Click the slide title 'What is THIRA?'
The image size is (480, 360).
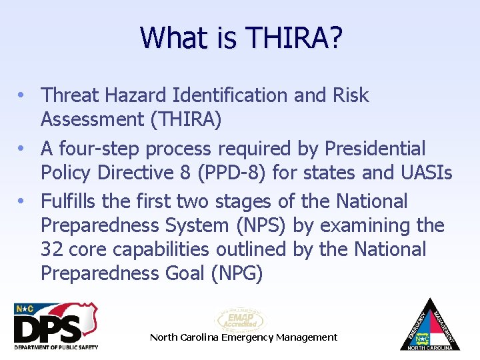241,38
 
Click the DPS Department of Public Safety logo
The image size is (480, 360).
56,326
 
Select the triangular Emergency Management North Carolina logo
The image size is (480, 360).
430,325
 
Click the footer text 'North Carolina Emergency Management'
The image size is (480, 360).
243,337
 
